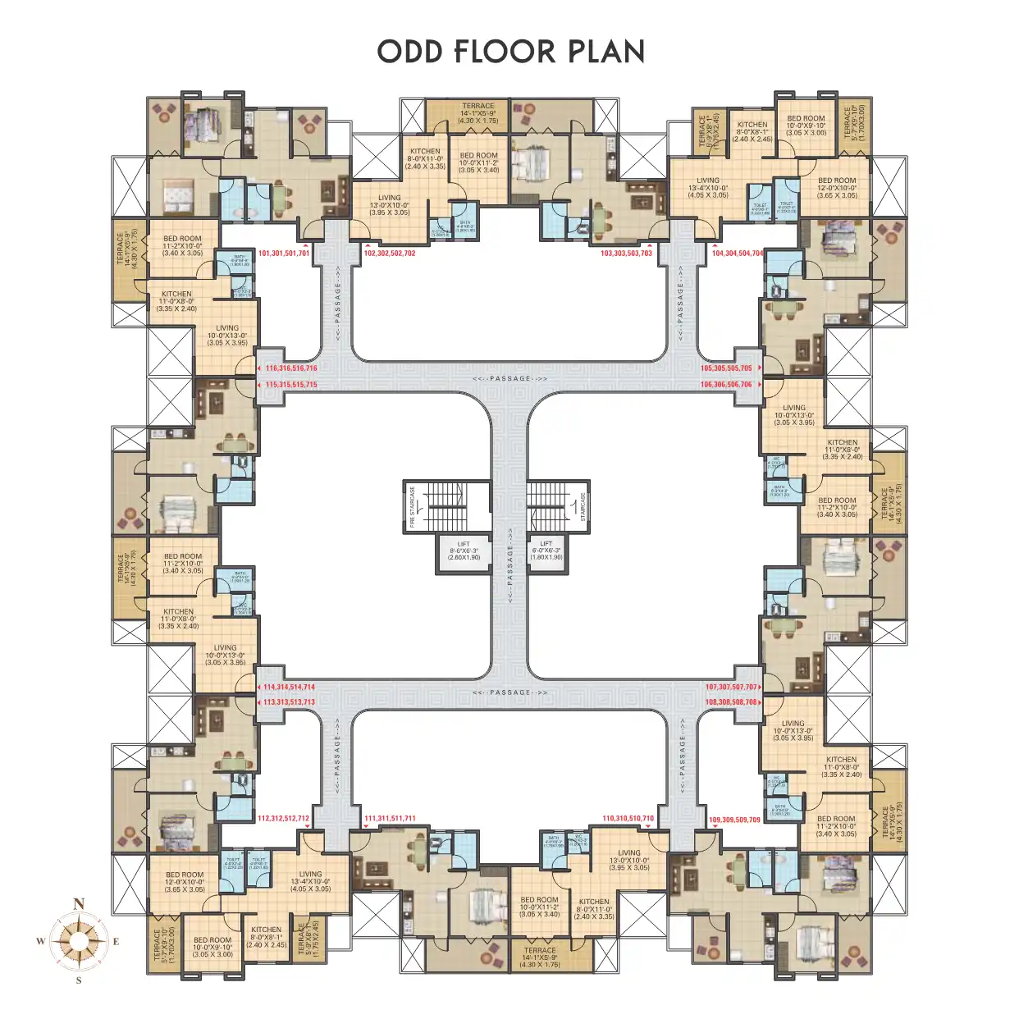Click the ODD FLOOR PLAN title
510,52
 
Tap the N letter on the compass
79,904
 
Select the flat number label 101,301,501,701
284,254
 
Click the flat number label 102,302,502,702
390,254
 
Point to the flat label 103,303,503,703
626,254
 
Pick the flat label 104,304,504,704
738,254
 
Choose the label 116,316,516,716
290,368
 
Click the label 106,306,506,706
726,384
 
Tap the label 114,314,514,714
289,688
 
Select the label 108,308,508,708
731,702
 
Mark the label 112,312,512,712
284,819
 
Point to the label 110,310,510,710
628,819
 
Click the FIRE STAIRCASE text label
413,506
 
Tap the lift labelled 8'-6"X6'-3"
464,551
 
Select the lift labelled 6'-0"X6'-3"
546,551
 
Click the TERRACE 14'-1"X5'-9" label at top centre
478,113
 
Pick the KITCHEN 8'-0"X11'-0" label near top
425,158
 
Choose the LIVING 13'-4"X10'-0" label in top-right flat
708,188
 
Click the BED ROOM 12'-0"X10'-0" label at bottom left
185,882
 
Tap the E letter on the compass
117,942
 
